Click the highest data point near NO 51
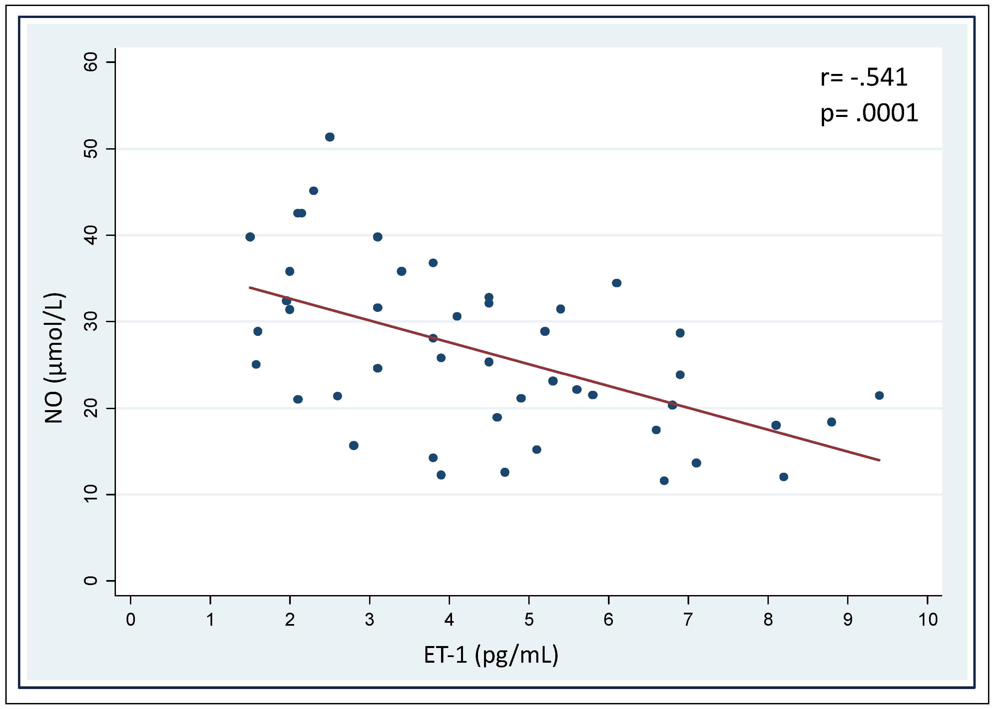click(x=329, y=137)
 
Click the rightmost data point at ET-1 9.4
click(x=879, y=395)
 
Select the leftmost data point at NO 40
click(x=250, y=237)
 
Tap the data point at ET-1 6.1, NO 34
click(x=616, y=283)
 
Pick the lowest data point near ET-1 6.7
click(x=664, y=481)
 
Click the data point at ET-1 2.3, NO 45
click(x=313, y=191)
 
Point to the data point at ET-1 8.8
click(x=831, y=422)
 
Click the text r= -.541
click(x=863, y=77)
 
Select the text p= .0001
click(x=869, y=113)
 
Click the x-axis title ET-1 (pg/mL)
click(x=491, y=655)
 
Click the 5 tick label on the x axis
click(x=529, y=619)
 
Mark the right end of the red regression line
click(x=879, y=460)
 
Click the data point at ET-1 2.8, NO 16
click(x=354, y=445)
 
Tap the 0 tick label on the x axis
click(x=131, y=619)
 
